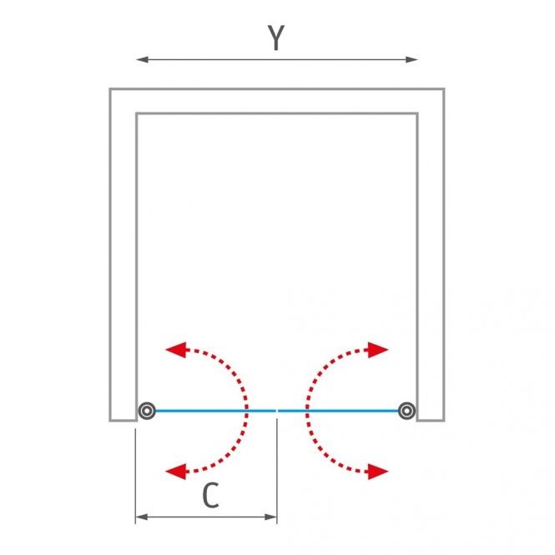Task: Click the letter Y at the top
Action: click(x=276, y=38)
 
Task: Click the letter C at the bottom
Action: click(x=210, y=495)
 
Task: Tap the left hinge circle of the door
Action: click(x=147, y=411)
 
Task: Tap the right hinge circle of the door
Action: click(x=406, y=411)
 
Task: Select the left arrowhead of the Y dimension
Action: click(x=142, y=59)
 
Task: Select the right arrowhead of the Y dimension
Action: click(x=411, y=59)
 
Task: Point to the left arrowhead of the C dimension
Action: click(x=142, y=517)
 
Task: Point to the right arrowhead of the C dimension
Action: click(x=270, y=517)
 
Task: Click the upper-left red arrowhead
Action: click(x=176, y=350)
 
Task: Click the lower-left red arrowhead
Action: click(x=176, y=472)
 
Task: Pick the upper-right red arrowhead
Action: click(x=378, y=350)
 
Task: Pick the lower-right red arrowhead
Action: click(x=378, y=472)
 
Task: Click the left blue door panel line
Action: click(x=215, y=411)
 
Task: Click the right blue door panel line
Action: click(x=338, y=411)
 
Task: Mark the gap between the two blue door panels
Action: click(x=277, y=411)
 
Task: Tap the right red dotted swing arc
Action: click(x=307, y=411)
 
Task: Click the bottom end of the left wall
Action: click(x=124, y=421)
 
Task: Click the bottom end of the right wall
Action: click(x=431, y=421)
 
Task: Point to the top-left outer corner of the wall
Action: click(x=109, y=88)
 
